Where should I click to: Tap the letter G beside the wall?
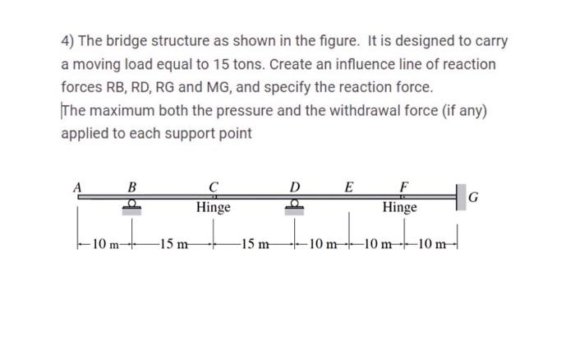(x=473, y=197)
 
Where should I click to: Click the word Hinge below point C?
(x=214, y=208)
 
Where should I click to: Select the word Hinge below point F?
(x=400, y=208)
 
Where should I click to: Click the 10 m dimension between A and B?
(x=104, y=243)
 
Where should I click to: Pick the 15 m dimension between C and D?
(x=254, y=243)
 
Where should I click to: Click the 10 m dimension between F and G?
(x=431, y=243)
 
